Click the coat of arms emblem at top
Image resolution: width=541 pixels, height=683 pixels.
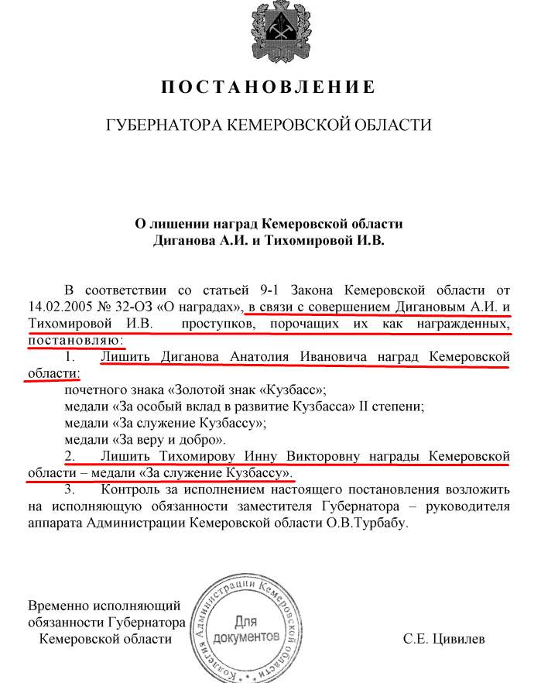pos(269,30)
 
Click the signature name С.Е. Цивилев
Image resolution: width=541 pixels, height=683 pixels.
pos(444,639)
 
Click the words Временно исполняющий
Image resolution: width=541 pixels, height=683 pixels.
pos(104,606)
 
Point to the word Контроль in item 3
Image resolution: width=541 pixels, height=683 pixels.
pos(130,489)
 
